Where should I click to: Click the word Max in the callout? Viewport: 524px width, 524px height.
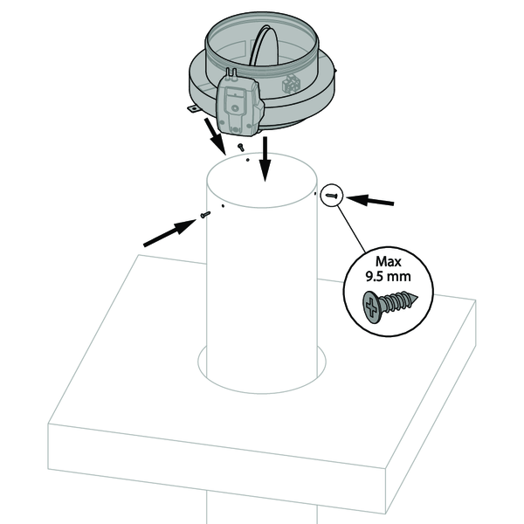[x=388, y=262]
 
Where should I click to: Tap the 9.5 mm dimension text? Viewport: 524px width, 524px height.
[x=388, y=277]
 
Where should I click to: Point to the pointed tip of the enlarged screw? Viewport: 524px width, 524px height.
[x=417, y=296]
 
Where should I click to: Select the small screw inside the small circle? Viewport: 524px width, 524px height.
[x=331, y=196]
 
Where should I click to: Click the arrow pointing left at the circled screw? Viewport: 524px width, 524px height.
[x=370, y=201]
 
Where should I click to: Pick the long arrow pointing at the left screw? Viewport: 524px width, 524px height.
[x=170, y=233]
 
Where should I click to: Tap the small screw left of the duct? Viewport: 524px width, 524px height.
[x=205, y=214]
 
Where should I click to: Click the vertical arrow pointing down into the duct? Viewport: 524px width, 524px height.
[x=265, y=159]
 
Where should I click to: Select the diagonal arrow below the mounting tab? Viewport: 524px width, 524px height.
[x=216, y=136]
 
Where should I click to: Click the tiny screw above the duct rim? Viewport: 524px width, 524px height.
[x=240, y=147]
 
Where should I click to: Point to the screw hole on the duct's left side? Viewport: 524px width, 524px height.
[x=223, y=206]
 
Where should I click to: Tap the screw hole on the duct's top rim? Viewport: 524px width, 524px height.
[x=247, y=160]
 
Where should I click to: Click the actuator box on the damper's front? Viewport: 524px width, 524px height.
[x=239, y=106]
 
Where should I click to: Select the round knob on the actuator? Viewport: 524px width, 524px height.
[x=235, y=108]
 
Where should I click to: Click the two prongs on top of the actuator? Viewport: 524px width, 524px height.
[x=231, y=72]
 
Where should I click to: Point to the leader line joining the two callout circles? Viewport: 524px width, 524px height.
[x=351, y=229]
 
